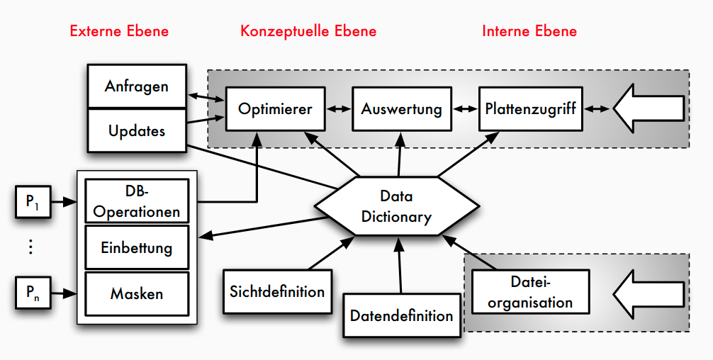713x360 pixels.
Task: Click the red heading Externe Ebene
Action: click(119, 31)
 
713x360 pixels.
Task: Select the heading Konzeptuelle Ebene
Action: click(308, 31)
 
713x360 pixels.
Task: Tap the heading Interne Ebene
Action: click(529, 31)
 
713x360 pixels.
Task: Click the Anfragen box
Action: click(136, 86)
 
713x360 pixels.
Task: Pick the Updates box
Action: click(136, 130)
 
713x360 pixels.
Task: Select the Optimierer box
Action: click(275, 109)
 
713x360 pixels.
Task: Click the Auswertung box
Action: click(401, 109)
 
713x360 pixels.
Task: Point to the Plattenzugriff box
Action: click(530, 109)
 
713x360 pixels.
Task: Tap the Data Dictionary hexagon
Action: click(395, 206)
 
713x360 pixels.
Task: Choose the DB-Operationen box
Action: click(137, 201)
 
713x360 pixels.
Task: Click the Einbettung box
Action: click(137, 248)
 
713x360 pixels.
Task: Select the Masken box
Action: click(137, 293)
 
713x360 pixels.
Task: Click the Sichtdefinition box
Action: click(277, 291)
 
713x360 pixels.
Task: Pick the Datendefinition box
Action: click(401, 315)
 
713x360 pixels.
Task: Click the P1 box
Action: click(33, 202)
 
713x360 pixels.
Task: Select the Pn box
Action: click(33, 292)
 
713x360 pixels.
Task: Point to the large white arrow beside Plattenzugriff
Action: click(649, 108)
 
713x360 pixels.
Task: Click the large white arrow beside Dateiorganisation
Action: click(649, 292)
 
